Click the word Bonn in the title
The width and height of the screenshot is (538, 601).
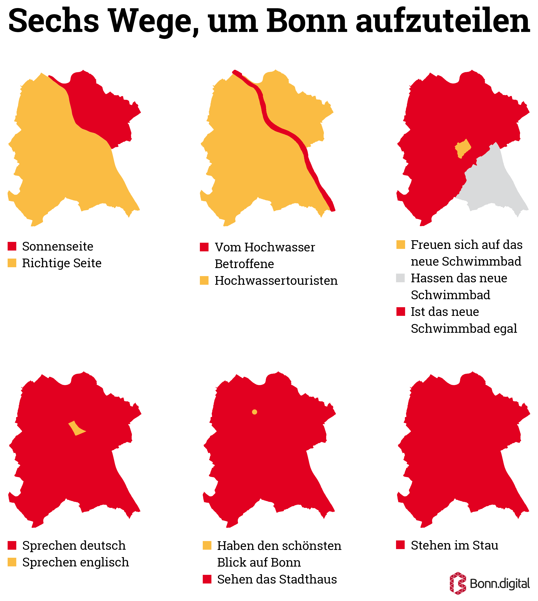tap(307, 21)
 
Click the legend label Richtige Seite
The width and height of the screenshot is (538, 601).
tap(62, 263)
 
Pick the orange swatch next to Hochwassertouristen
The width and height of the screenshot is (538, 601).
tap(204, 280)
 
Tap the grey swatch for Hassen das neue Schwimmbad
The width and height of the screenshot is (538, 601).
tap(401, 278)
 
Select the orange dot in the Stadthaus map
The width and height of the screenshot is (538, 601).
tap(254, 412)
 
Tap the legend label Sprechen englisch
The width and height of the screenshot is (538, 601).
tap(76, 562)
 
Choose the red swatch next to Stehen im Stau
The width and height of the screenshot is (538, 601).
tap(401, 545)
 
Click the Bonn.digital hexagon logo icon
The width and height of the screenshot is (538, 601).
tap(458, 583)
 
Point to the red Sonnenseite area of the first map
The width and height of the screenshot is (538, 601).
tap(101, 109)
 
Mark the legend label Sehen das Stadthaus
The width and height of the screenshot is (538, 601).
tap(277, 579)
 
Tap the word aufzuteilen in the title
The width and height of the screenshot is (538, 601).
tap(443, 21)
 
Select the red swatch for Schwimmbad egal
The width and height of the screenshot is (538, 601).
tap(401, 312)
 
